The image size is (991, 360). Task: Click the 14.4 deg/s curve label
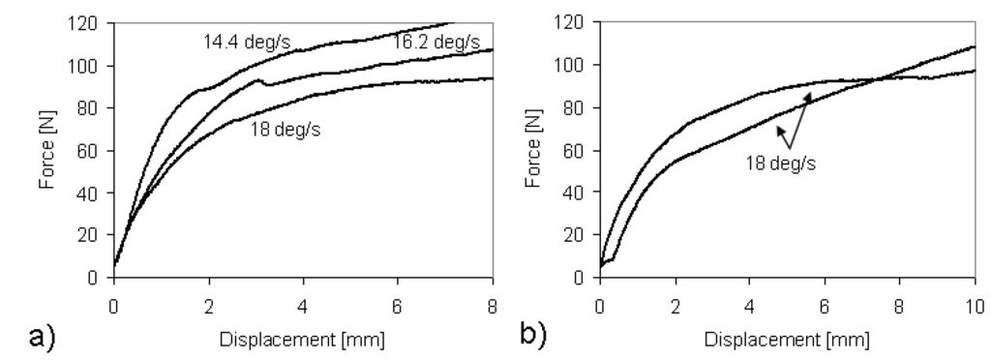[247, 43]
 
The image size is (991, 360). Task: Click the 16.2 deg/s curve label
[436, 43]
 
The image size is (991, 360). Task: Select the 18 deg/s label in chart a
[285, 130]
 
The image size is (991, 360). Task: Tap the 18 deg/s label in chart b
[781, 164]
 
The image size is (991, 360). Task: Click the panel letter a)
[42, 337]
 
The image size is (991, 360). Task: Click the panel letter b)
[533, 334]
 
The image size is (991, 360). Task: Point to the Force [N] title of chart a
[46, 150]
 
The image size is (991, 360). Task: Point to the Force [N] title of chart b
[533, 149]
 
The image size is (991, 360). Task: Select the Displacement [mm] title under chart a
[302, 340]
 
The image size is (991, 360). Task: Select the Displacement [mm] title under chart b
[787, 340]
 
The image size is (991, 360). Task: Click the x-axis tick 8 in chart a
[493, 307]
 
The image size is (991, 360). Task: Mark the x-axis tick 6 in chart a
[398, 307]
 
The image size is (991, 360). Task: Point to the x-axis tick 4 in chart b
[750, 307]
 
